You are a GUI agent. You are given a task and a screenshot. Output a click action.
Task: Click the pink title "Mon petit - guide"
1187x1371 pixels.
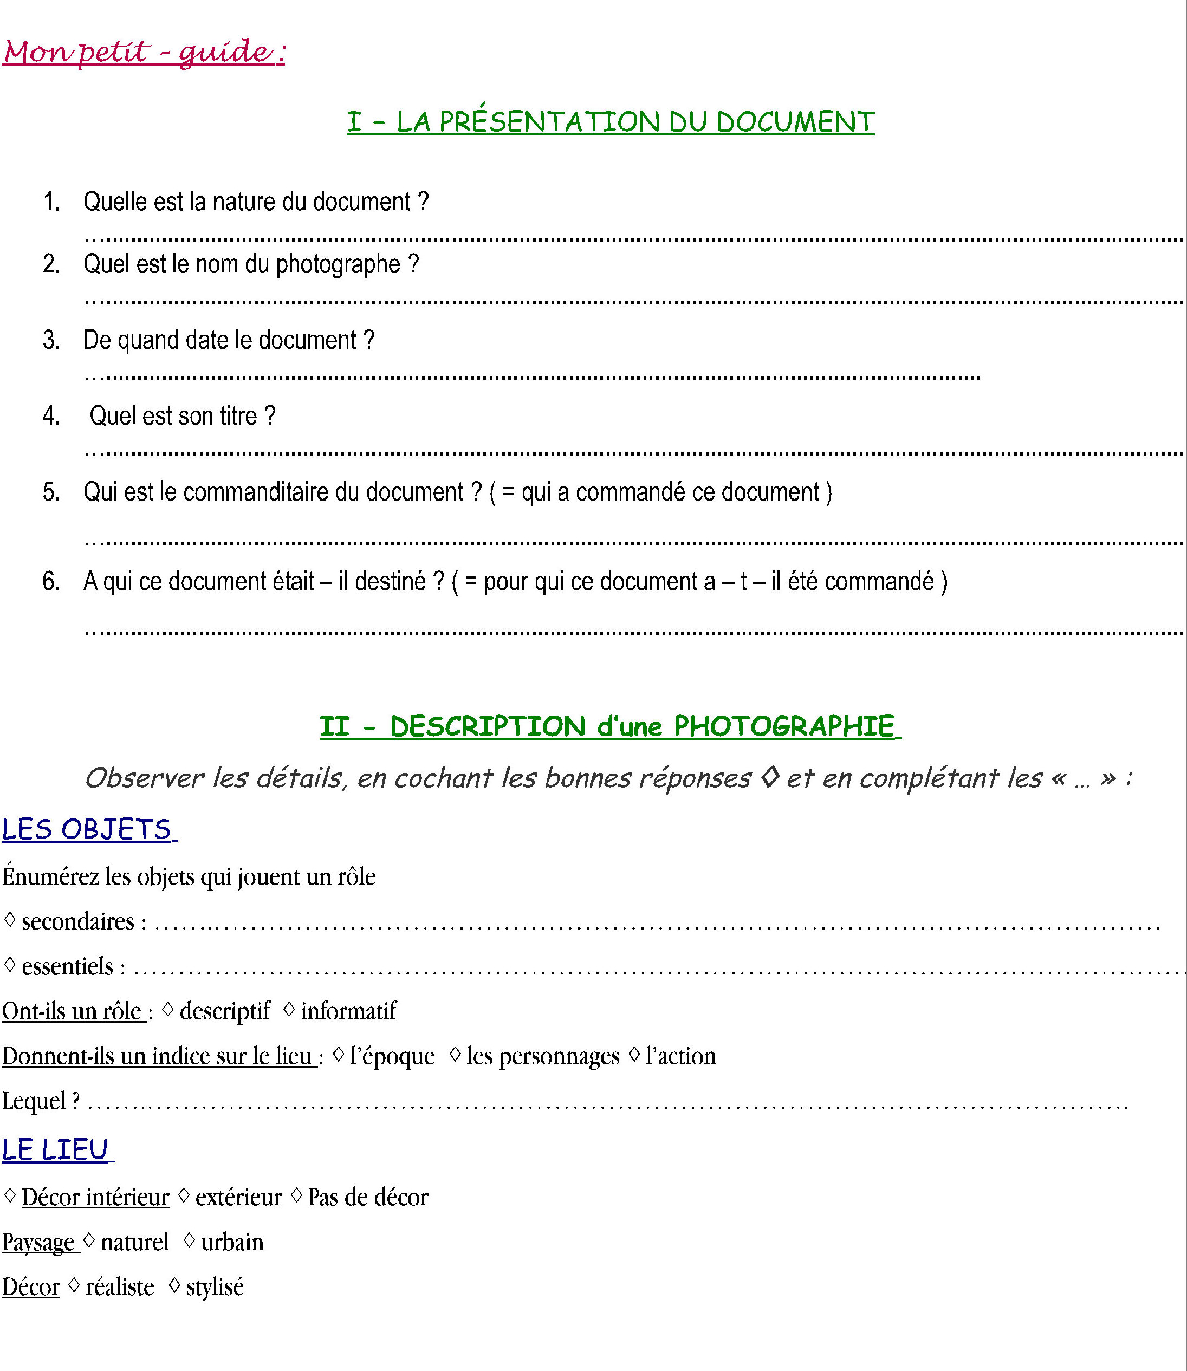click(x=144, y=51)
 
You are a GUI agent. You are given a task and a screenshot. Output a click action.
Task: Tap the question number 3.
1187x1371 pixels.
click(x=51, y=340)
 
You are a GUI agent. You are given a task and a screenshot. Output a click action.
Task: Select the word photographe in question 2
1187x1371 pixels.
click(x=338, y=264)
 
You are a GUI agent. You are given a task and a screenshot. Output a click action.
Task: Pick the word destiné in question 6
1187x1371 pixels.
click(x=390, y=582)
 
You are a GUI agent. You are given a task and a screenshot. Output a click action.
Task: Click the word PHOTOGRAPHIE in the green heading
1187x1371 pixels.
click(x=783, y=726)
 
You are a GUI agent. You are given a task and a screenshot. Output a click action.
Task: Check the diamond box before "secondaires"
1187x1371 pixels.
click(x=10, y=919)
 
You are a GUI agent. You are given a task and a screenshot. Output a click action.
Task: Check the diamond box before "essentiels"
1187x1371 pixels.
click(x=10, y=964)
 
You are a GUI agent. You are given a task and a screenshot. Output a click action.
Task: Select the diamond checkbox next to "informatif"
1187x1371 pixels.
click(x=289, y=1009)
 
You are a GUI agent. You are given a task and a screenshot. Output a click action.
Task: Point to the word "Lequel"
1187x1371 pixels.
click(x=34, y=1101)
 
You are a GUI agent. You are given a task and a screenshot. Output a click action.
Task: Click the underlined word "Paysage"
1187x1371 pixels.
click(x=38, y=1243)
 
